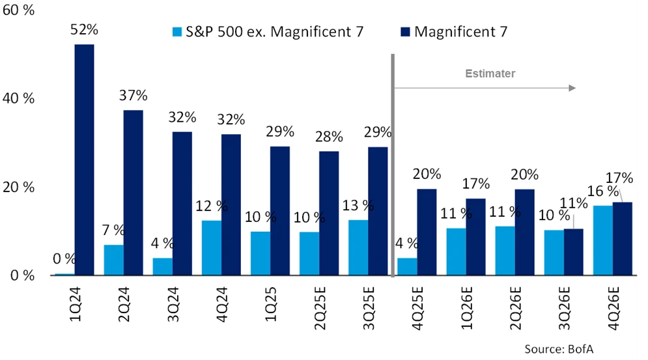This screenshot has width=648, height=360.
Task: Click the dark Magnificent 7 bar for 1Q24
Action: tap(84, 159)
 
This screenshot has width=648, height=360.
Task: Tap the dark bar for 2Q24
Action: tap(133, 193)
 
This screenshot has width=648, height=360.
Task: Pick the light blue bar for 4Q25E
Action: tap(407, 266)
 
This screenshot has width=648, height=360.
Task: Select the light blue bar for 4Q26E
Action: tap(602, 240)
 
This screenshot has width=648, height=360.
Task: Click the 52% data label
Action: tap(85, 30)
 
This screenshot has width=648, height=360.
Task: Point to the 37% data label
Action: tap(133, 96)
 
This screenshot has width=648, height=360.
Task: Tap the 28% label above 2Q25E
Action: tap(329, 137)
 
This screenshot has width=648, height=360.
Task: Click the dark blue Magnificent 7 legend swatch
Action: tap(404, 31)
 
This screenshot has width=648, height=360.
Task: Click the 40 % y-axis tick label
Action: tap(18, 98)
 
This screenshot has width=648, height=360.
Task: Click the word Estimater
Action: tap(490, 74)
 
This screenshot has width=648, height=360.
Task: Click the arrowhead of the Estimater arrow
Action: tap(572, 87)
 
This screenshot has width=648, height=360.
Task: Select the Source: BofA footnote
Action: tap(559, 350)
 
